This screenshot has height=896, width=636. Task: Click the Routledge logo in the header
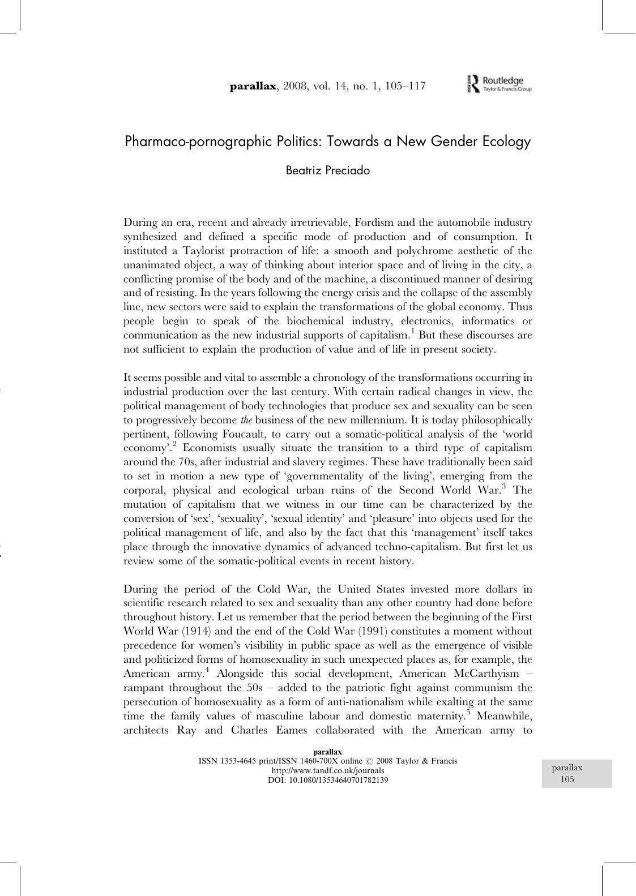pos(498,84)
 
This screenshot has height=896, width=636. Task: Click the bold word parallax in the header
pos(253,87)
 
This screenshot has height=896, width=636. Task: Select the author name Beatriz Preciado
pos(327,170)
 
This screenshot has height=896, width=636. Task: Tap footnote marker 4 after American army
pos(207,670)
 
